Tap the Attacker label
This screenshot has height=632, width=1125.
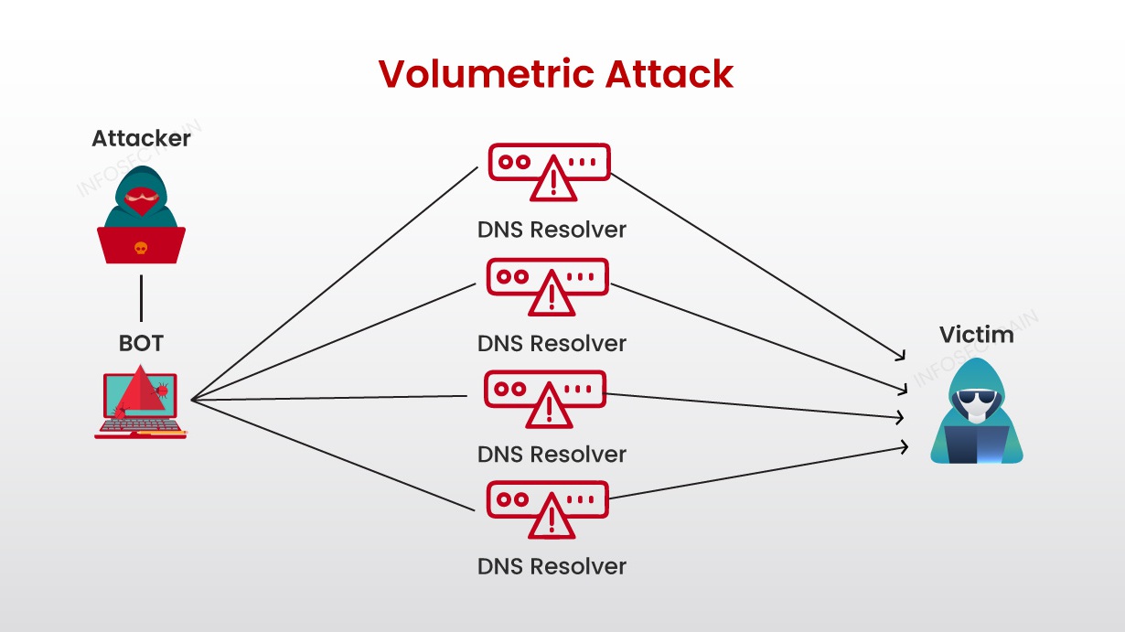click(141, 139)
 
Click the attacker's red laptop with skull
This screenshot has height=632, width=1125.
click(141, 245)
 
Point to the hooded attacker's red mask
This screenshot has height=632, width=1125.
click(141, 200)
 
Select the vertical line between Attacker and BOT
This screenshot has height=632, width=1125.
click(141, 295)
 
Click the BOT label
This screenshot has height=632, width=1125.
click(141, 344)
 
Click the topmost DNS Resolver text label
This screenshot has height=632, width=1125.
click(552, 230)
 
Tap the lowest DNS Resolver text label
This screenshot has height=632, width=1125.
click(552, 566)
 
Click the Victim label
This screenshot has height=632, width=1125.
click(976, 335)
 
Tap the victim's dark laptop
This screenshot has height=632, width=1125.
click(976, 445)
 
